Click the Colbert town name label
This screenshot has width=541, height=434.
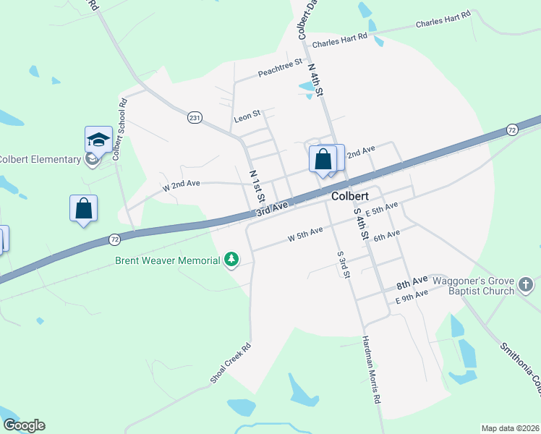[351, 196]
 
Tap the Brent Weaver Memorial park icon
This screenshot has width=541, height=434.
[231, 260]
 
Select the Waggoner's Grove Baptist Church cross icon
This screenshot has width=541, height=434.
[526, 285]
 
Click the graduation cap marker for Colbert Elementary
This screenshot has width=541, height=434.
[98, 140]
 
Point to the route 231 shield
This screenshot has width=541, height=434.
[194, 117]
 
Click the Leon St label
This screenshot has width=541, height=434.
[247, 118]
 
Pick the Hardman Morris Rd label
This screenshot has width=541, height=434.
[371, 369]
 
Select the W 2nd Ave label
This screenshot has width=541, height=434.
[181, 184]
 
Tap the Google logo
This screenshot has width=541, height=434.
[24, 425]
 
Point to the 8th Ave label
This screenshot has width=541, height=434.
[412, 279]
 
